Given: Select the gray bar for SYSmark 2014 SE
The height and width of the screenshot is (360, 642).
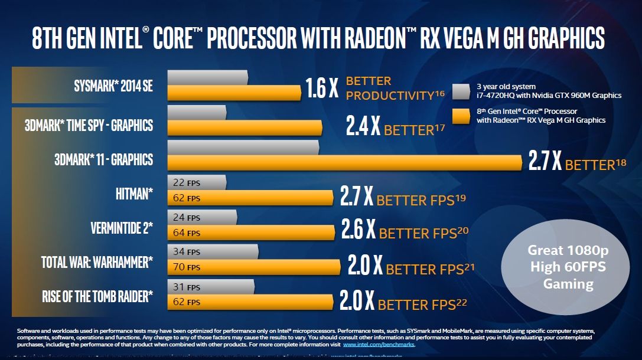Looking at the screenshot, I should [x=207, y=77].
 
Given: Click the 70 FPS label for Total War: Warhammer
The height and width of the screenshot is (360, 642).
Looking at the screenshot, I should [x=186, y=267].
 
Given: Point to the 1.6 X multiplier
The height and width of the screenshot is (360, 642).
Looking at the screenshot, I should [x=322, y=89].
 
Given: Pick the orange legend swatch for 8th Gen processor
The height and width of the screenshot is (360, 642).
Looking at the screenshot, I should [x=460, y=116].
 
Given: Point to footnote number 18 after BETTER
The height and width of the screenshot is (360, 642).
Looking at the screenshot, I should [x=621, y=162].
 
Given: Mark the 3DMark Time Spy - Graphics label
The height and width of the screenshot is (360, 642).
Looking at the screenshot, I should [x=89, y=125].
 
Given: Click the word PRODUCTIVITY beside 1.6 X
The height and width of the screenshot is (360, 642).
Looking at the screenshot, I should [x=390, y=95].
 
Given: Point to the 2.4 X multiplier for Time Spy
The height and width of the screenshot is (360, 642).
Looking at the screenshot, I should [x=363, y=126].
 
